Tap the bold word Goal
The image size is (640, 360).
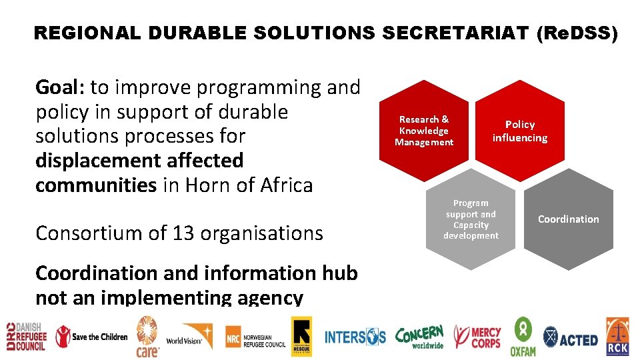tap(59, 87)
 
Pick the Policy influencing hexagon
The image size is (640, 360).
tap(520, 131)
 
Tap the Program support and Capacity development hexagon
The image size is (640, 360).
tap(471, 219)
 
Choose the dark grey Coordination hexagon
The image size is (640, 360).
tap(568, 219)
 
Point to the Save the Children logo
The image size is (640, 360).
tap(91, 336)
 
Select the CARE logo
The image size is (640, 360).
tap(147, 336)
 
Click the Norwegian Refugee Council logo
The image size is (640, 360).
tap(255, 337)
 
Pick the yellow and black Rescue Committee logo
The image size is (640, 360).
tap(301, 336)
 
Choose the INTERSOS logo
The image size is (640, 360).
tap(355, 337)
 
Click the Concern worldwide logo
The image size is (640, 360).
tap(419, 337)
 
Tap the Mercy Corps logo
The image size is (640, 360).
tap(477, 337)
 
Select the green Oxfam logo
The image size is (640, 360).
tap(523, 337)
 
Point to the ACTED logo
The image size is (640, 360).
tap(571, 339)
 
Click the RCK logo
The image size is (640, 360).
tap(617, 337)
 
